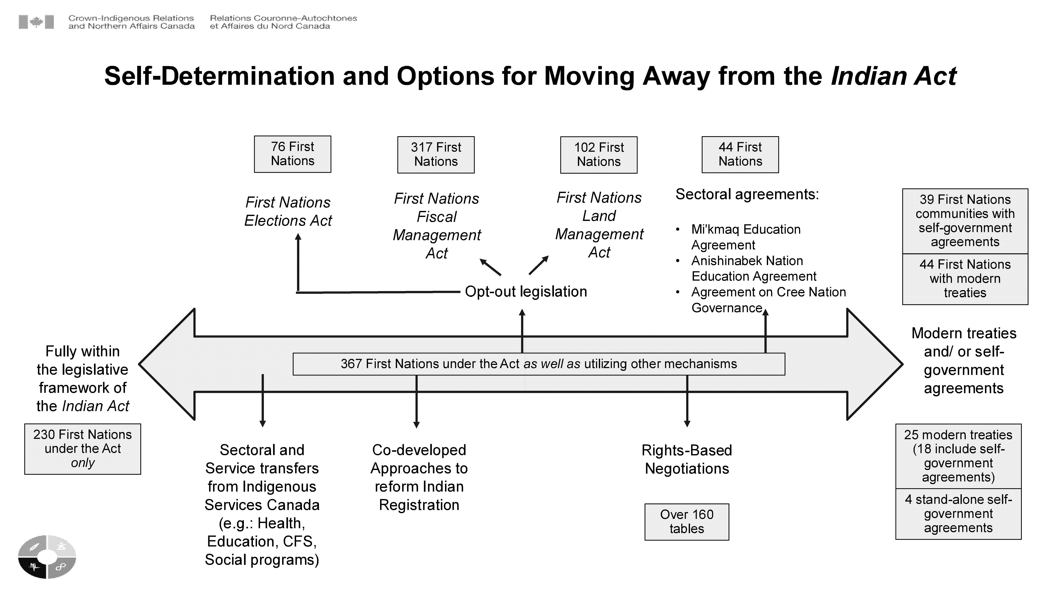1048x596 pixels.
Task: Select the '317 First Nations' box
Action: click(x=436, y=155)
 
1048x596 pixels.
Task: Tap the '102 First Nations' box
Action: click(x=599, y=155)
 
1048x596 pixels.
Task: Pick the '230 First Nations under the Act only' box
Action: click(x=83, y=449)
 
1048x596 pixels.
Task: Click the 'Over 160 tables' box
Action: click(x=687, y=522)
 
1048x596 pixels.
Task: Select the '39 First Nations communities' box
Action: click(x=965, y=221)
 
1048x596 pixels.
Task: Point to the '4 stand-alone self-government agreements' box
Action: click(x=958, y=514)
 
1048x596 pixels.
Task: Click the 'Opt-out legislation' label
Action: click(x=526, y=291)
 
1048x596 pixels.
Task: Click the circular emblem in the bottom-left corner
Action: click(x=47, y=557)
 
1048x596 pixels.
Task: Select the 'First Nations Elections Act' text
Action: click(x=288, y=211)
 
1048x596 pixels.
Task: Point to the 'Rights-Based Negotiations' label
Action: click(x=687, y=459)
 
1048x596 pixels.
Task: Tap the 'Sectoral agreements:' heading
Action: click(x=747, y=194)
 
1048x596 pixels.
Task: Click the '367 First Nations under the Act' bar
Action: click(x=539, y=364)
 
